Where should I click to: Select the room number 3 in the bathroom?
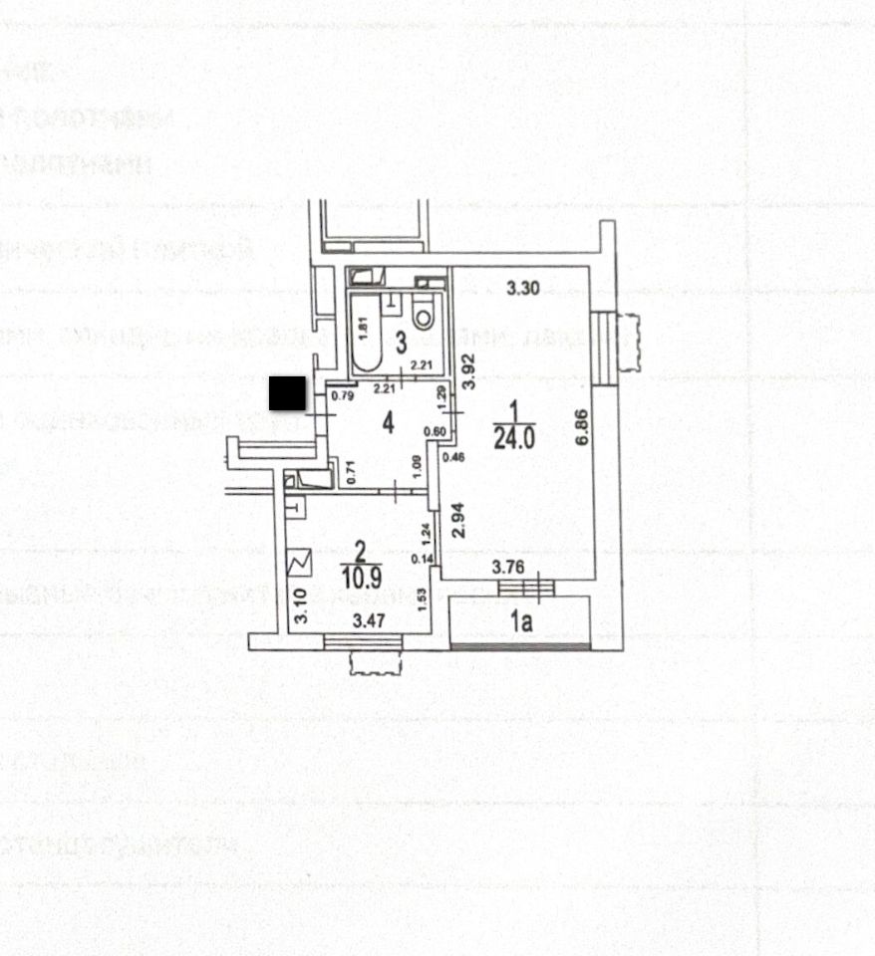[400, 345]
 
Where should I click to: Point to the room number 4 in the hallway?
[389, 423]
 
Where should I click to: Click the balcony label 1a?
[520, 624]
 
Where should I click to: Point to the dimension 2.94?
[458, 520]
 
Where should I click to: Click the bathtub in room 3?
[366, 329]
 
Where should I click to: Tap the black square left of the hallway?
[288, 392]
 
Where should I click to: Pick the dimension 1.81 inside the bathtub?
[365, 325]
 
